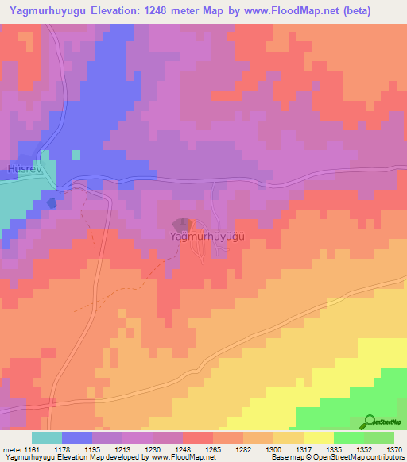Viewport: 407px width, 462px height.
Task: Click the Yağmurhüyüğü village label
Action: point(208,237)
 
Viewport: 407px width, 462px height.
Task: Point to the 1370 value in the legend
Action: point(394,450)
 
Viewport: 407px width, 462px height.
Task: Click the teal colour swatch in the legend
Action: point(47,437)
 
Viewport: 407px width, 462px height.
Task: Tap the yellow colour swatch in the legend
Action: point(318,437)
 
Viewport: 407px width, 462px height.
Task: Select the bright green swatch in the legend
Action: point(348,437)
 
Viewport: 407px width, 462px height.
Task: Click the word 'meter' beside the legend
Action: point(11,450)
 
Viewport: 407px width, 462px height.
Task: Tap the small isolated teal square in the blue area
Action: point(76,154)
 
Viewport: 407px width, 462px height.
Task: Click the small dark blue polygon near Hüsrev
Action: point(52,202)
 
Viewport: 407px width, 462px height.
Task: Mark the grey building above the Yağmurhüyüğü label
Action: point(182,225)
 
